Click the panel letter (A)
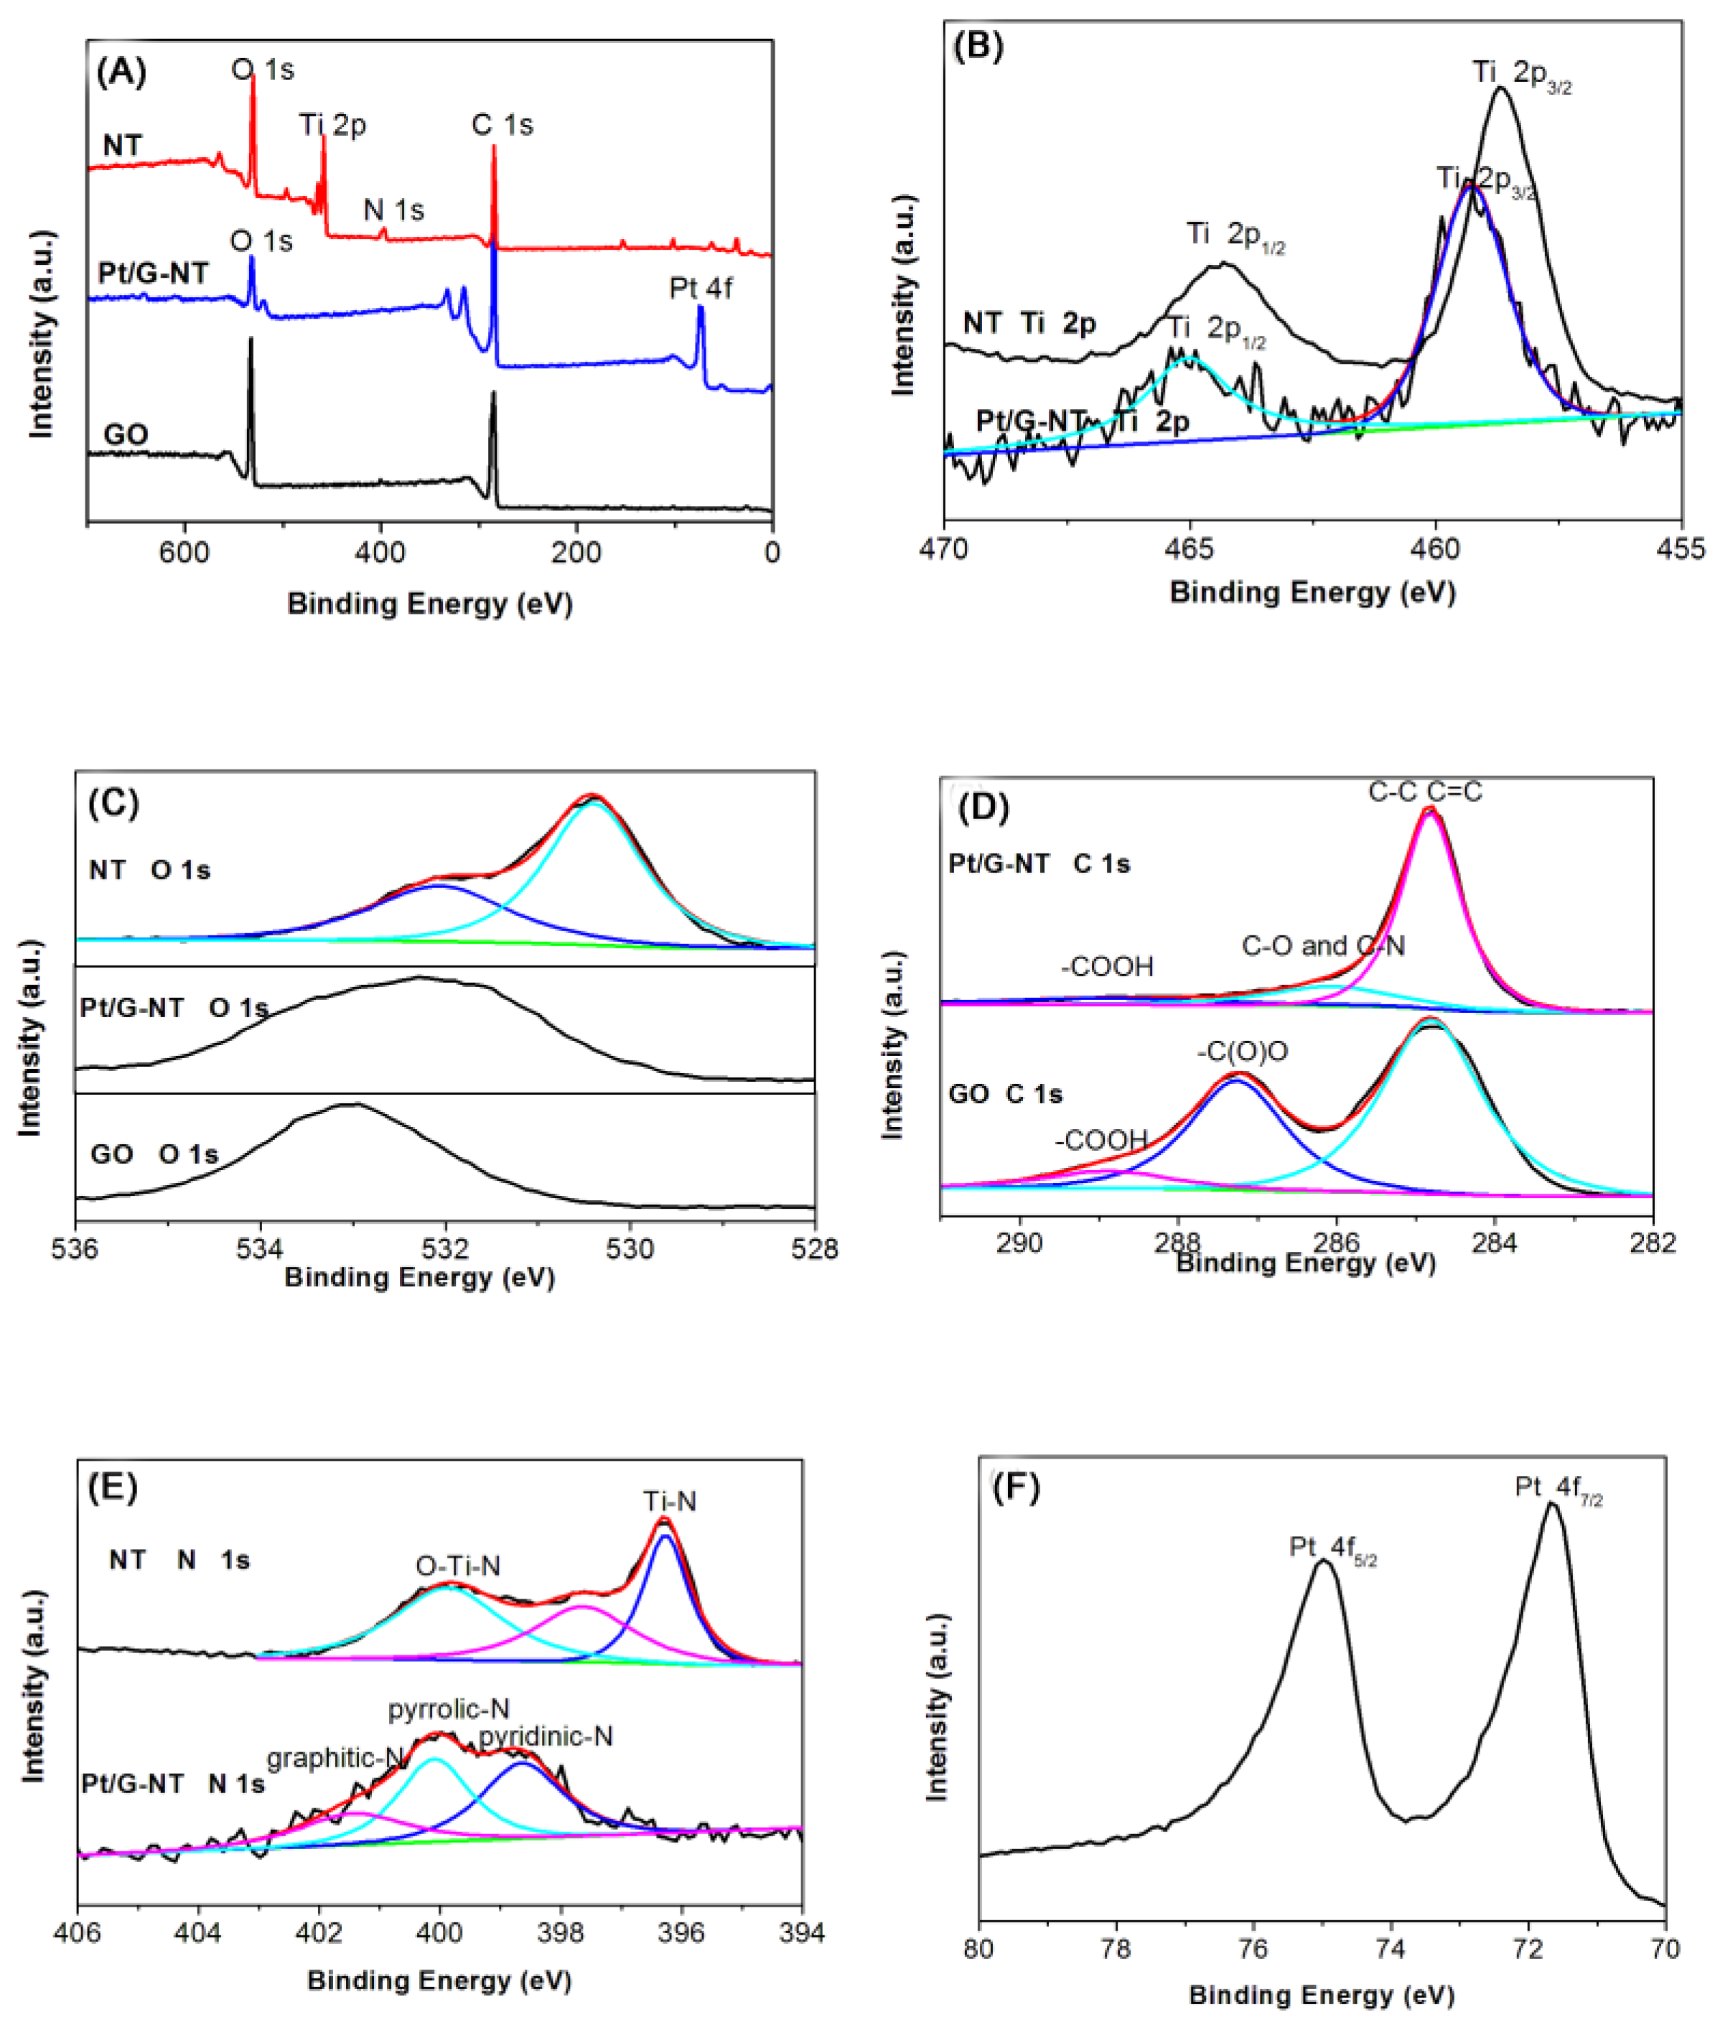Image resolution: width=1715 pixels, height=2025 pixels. point(121,72)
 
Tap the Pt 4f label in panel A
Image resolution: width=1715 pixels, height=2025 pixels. point(700,288)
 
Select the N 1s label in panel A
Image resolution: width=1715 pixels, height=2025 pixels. point(393,210)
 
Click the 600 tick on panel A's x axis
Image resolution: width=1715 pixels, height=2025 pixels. point(184,552)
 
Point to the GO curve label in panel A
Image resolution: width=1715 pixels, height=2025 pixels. point(126,434)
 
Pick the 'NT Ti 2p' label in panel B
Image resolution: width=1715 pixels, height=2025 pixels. point(1029,323)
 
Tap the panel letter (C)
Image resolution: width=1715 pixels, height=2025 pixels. point(113,802)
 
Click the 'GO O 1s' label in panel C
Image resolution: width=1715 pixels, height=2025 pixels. point(154,1154)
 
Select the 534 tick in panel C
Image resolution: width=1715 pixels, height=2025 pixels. point(260,1248)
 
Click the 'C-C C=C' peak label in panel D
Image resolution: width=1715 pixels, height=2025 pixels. point(1425,791)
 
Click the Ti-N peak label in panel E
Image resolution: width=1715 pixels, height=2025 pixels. point(670,1502)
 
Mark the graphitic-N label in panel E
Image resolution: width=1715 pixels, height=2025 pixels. point(335,1758)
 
